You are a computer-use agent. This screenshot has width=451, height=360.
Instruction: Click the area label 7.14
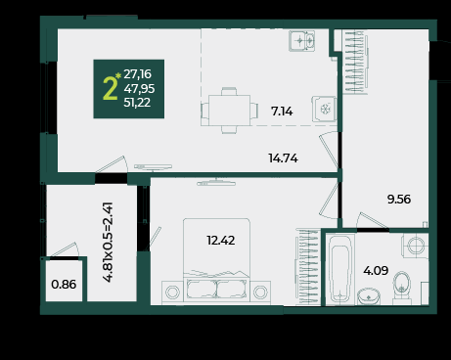282,112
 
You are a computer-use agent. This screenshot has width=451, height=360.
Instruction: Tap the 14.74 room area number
283,158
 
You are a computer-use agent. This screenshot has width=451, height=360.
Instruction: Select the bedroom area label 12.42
221,241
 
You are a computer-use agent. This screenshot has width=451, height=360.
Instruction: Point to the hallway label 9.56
399,199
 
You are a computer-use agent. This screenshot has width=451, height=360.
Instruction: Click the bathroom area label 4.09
376,270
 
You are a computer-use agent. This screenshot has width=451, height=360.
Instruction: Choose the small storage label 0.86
64,285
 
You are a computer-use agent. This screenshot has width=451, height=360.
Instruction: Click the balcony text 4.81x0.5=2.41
108,242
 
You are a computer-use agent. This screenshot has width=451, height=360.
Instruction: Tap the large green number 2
110,88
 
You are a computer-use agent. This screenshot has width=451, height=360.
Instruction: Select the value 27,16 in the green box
137,74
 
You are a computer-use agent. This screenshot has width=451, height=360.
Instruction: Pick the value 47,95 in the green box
139,88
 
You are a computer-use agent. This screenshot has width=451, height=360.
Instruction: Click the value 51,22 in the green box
137,103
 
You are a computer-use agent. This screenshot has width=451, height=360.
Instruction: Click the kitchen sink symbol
302,41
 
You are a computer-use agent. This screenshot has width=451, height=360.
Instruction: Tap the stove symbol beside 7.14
324,109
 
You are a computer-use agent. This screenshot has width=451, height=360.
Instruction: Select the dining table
229,111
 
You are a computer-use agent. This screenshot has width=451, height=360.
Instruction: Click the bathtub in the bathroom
340,269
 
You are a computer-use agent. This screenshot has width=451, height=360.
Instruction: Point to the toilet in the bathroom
402,286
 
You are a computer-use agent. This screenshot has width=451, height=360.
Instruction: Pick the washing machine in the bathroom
415,246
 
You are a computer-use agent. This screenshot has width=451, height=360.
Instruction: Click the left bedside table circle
172,292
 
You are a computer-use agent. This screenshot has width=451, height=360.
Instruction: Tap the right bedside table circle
260,292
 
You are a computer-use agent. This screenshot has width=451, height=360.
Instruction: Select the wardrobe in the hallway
355,62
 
